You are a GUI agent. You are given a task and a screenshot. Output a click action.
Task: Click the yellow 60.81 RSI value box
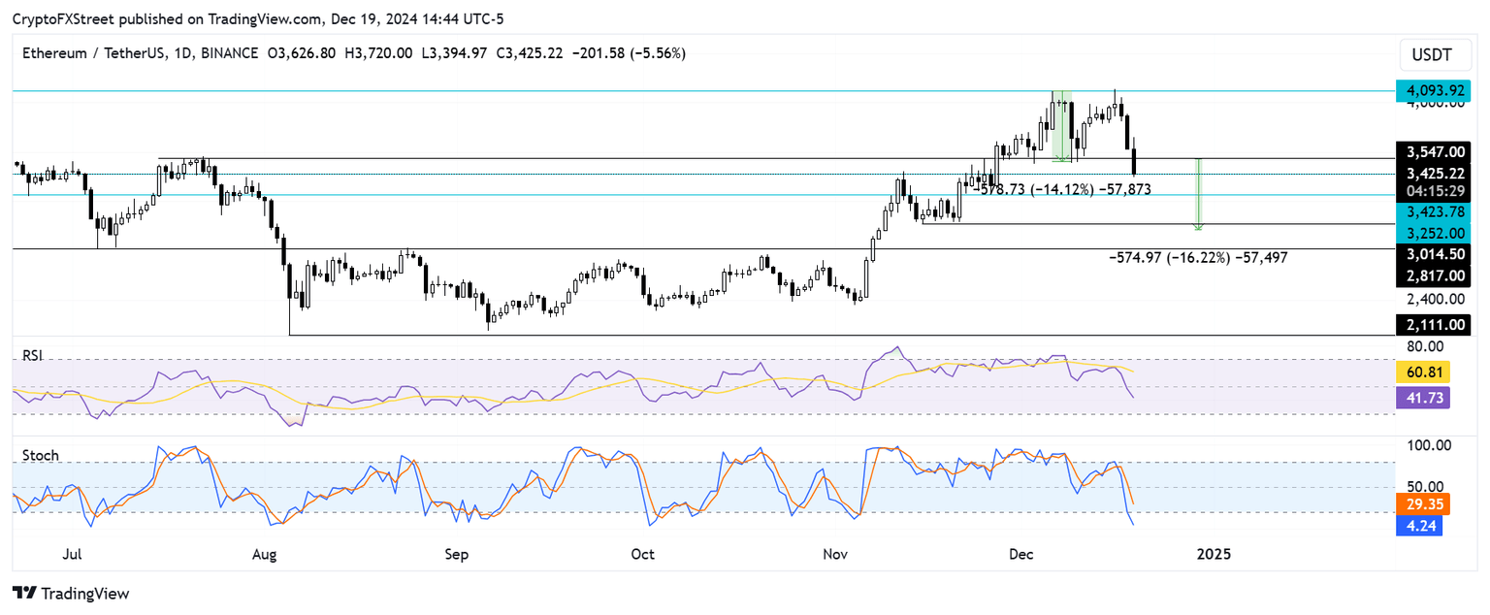pos(1422,372)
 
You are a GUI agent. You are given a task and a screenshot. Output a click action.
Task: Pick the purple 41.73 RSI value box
pos(1422,397)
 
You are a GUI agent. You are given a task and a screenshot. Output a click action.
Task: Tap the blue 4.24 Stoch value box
pos(1422,527)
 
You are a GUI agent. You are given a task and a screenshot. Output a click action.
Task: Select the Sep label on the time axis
pos(456,554)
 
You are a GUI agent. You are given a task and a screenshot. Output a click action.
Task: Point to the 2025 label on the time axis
pos(1214,554)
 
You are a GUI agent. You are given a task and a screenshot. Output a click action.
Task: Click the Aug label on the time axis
pos(264,554)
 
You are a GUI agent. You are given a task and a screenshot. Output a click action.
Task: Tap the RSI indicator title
pos(33,356)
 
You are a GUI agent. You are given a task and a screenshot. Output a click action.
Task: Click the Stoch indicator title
pos(40,455)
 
